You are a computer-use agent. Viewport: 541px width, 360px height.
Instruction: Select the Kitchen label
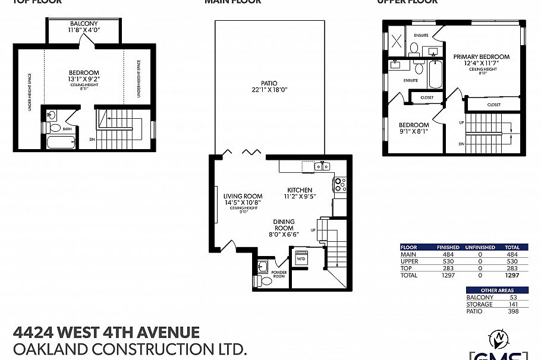pos(298,190)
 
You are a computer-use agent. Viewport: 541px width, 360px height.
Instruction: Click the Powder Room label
pos(279,274)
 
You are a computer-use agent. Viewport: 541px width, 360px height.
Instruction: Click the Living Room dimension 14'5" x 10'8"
pos(243,203)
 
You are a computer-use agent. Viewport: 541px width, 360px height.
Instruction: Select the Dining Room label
pos(284,225)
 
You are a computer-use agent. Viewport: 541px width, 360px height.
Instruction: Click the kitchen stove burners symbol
pos(339,185)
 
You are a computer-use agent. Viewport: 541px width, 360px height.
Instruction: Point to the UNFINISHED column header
pos(479,247)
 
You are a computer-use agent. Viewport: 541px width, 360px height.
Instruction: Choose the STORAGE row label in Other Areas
pos(480,304)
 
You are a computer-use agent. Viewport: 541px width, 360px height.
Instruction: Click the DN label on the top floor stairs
pos(92,139)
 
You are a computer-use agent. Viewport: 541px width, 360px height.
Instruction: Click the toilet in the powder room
pos(259,280)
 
